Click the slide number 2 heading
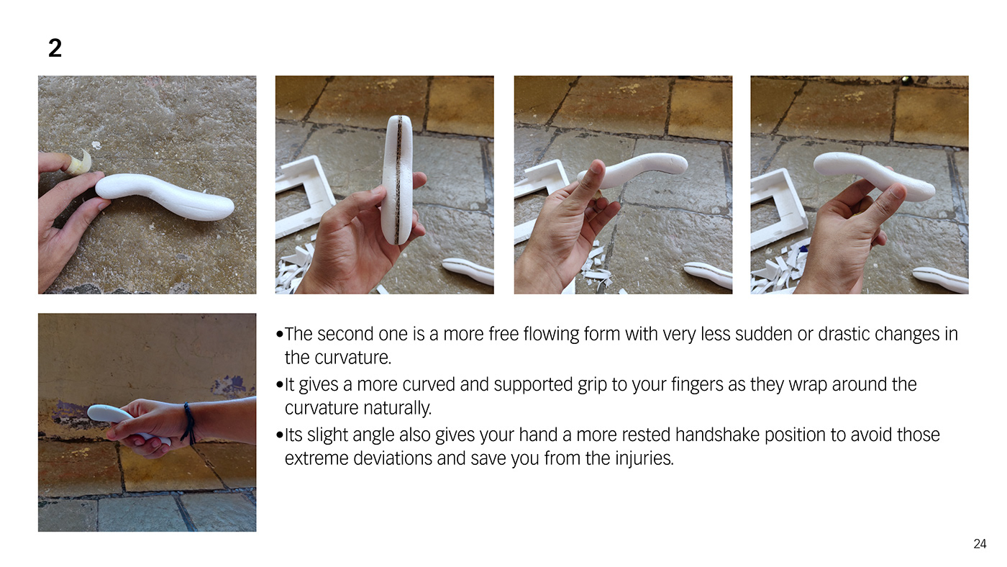click(55, 47)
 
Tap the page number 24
click(980, 544)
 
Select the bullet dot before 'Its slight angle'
click(280, 435)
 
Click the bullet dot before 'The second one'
click(280, 335)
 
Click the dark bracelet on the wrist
click(188, 422)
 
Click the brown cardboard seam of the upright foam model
click(398, 180)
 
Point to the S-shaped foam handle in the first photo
click(164, 196)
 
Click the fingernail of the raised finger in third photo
click(596, 166)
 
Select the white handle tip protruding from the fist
click(104, 412)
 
